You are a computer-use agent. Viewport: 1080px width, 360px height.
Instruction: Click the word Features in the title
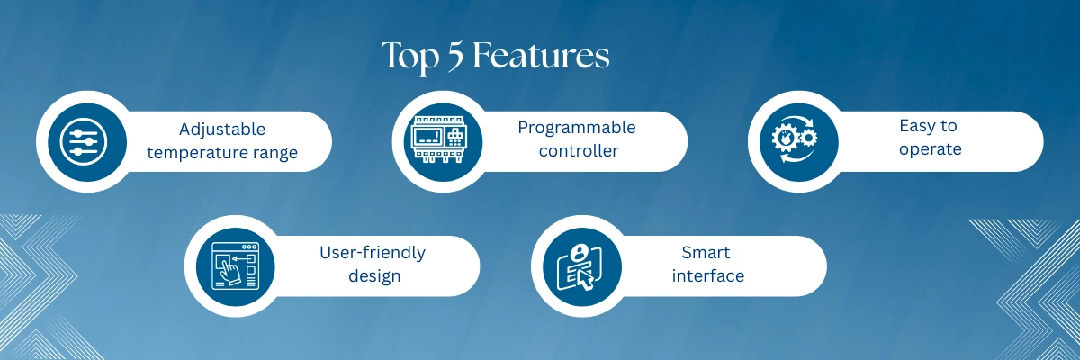(x=541, y=56)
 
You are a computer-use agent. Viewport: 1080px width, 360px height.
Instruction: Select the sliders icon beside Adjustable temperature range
(x=84, y=141)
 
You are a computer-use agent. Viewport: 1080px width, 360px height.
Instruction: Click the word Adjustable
(x=222, y=130)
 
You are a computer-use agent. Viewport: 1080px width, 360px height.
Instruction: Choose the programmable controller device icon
(x=439, y=139)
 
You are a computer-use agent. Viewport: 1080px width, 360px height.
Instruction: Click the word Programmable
(x=577, y=128)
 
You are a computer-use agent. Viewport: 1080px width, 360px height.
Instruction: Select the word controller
(x=579, y=151)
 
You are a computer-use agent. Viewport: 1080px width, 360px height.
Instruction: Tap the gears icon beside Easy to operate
(x=795, y=139)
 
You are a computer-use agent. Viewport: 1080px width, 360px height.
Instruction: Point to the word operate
(x=931, y=150)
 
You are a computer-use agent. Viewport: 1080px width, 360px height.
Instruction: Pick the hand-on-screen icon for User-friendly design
(x=236, y=266)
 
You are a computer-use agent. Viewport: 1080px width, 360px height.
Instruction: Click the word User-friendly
(x=373, y=253)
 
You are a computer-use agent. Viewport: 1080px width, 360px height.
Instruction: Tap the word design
(x=374, y=276)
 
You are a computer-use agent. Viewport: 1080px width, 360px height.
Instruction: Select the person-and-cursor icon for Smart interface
(x=580, y=267)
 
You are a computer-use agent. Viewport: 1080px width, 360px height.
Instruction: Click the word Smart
(x=706, y=253)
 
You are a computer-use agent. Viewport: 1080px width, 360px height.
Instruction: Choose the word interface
(x=708, y=275)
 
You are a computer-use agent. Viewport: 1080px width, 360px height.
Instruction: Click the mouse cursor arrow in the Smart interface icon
(x=586, y=281)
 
